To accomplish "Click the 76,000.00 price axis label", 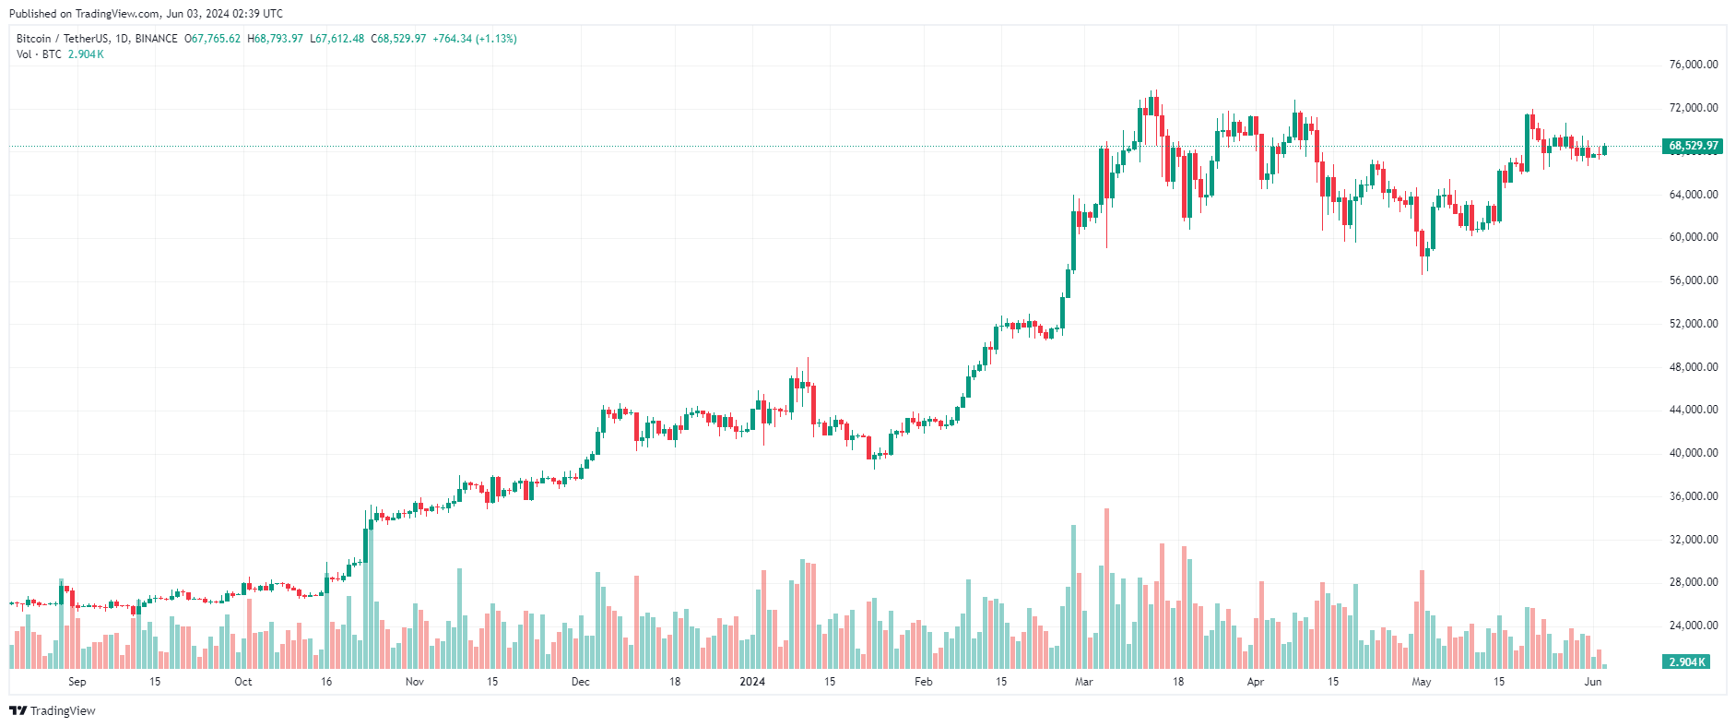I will pos(1693,65).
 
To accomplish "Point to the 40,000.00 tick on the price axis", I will pos(1693,453).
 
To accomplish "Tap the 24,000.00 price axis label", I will pos(1693,626).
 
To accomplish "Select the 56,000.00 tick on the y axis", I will pos(1693,280).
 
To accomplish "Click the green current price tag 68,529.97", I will pos(1693,146).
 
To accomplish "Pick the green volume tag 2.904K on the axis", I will pos(1686,662).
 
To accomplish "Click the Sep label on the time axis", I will pos(77,682).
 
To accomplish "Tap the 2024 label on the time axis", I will pos(752,682).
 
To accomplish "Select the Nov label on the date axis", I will pos(415,682).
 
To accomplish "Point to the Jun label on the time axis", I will pos(1592,682).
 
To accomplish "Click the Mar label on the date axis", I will pos(1083,682).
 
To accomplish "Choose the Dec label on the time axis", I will pos(580,682).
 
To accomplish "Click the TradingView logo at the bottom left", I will pos(53,710).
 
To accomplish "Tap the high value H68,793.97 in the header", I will pos(275,39).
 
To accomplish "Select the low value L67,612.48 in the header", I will pos(337,39).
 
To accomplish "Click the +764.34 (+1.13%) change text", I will pos(474,39).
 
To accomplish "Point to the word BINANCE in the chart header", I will pos(156,39).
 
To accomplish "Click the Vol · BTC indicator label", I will pos(39,54).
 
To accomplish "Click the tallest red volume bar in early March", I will pos(1106,588).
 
